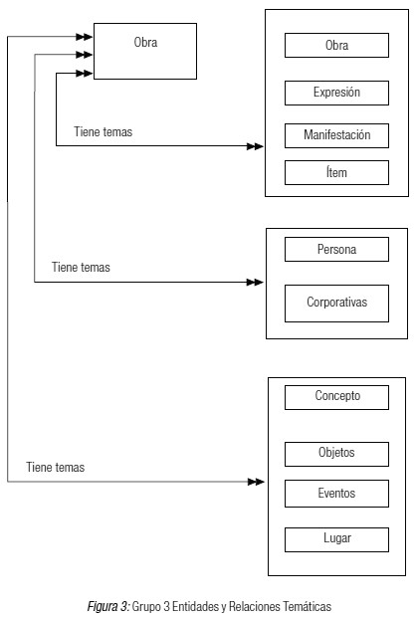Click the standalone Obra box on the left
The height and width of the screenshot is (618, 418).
145,51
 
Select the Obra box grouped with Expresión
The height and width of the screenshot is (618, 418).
336,46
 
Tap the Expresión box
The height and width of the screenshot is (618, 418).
336,93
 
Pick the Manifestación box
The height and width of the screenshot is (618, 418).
336,136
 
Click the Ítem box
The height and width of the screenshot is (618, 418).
336,172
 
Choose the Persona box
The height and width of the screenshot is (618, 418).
336,249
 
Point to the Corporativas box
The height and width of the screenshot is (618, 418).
336,304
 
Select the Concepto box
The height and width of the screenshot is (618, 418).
336,397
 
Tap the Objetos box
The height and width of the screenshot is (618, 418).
336,454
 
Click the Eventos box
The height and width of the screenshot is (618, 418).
336,494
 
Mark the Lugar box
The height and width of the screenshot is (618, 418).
336,539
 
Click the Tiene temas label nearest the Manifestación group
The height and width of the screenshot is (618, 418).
104,131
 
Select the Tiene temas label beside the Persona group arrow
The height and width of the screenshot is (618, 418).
81,268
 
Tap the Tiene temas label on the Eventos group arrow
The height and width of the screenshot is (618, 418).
56,467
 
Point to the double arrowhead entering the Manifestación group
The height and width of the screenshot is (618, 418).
255,146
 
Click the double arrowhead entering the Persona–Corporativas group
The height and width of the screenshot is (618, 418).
255,283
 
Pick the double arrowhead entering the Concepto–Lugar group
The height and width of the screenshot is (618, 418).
256,482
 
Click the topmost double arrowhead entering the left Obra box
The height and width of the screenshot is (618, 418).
84,37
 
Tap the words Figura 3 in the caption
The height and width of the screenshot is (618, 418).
107,606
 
